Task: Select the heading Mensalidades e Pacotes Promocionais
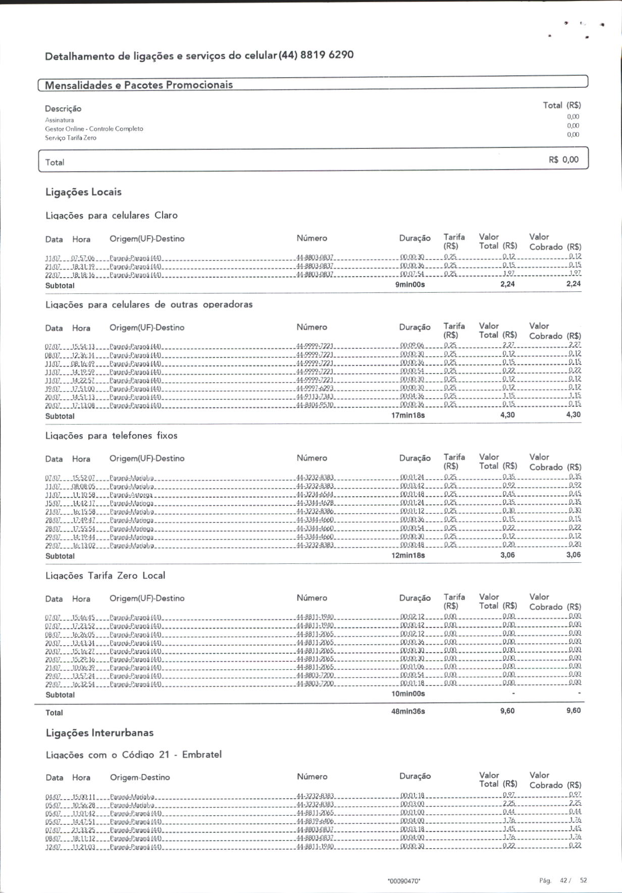tap(139, 85)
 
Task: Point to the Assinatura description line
tap(60, 120)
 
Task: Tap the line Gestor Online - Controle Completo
tap(94, 129)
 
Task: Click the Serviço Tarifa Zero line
tap(71, 138)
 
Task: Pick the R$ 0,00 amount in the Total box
tap(563, 160)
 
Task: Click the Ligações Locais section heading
tap(83, 192)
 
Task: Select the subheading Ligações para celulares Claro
tap(112, 216)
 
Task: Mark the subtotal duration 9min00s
tap(410, 285)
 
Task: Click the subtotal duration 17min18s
tap(408, 415)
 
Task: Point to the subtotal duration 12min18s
tap(408, 555)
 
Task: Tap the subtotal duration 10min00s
tap(408, 694)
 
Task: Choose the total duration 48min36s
tap(408, 711)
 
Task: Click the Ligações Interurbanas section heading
tap(99, 733)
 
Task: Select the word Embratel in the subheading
tap(201, 755)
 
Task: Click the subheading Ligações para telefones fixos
tap(112, 436)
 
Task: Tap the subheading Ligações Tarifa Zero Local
tap(105, 575)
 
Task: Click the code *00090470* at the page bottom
tap(404, 881)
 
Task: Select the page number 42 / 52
tap(573, 880)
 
